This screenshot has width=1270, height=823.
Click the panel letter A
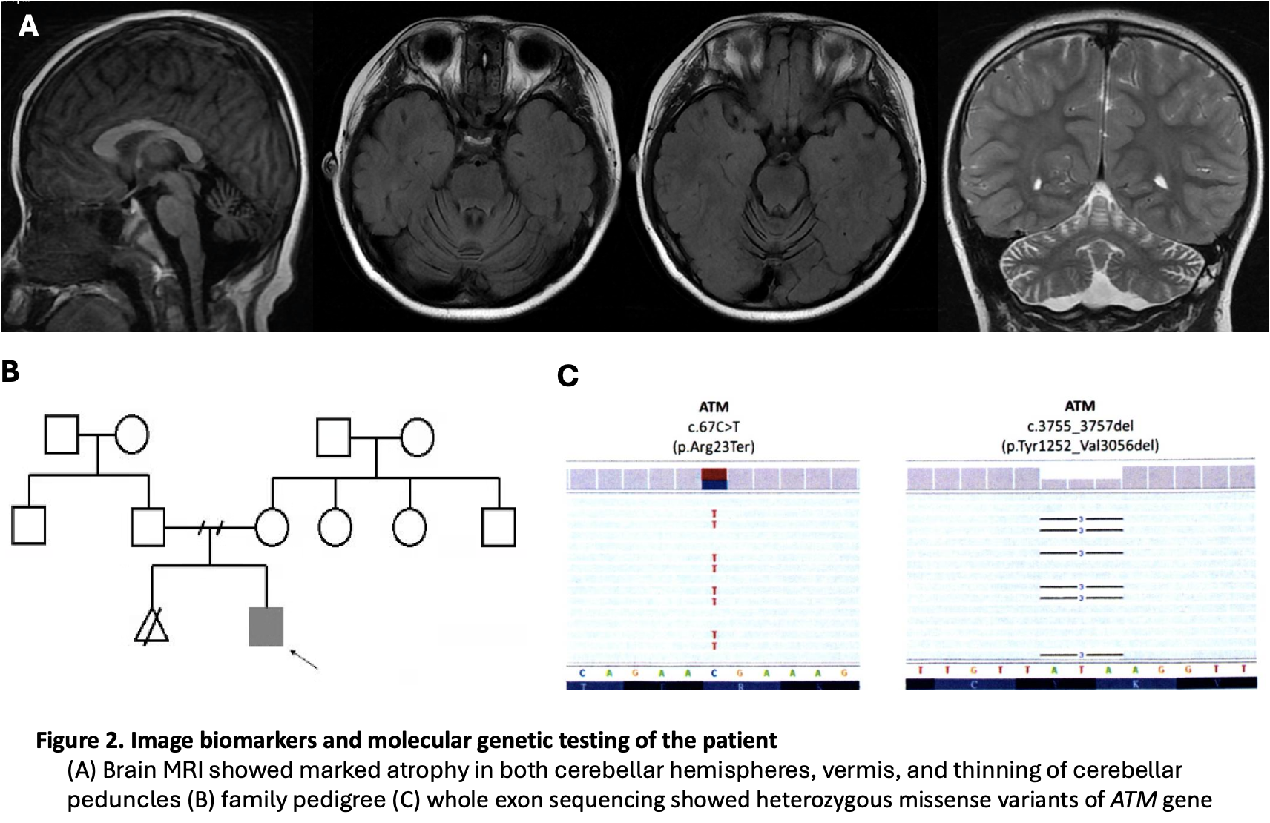click(x=28, y=27)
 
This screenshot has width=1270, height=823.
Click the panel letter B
click(x=10, y=371)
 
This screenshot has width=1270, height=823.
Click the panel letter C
click(x=567, y=376)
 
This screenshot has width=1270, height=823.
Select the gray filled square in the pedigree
click(x=266, y=627)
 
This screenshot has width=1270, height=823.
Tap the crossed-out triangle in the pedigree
click(x=151, y=624)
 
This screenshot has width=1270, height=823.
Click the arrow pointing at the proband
click(x=303, y=658)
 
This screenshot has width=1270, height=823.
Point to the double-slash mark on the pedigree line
click(x=211, y=528)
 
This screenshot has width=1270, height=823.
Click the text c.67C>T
click(x=714, y=426)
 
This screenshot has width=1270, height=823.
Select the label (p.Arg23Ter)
click(x=714, y=446)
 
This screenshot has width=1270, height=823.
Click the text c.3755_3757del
click(x=1079, y=426)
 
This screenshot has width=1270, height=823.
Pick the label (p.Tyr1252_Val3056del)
click(x=1079, y=446)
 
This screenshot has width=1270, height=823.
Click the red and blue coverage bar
click(x=714, y=479)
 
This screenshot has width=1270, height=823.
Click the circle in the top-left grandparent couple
click(x=131, y=434)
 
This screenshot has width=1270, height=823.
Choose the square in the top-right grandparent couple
click(x=333, y=437)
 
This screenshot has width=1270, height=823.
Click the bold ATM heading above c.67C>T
click(x=714, y=407)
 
